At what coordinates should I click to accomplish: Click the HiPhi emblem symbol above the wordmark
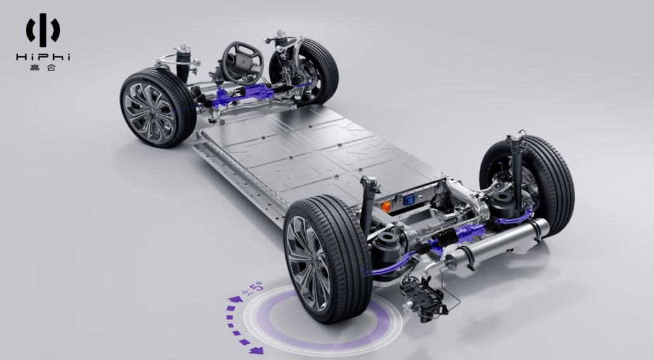click(43, 30)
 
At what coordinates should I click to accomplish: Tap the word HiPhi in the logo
click(43, 57)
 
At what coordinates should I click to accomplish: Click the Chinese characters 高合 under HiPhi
click(43, 67)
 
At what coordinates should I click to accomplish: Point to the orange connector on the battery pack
click(386, 206)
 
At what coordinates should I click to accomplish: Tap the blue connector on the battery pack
click(409, 201)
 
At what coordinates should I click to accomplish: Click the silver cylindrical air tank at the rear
click(496, 244)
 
